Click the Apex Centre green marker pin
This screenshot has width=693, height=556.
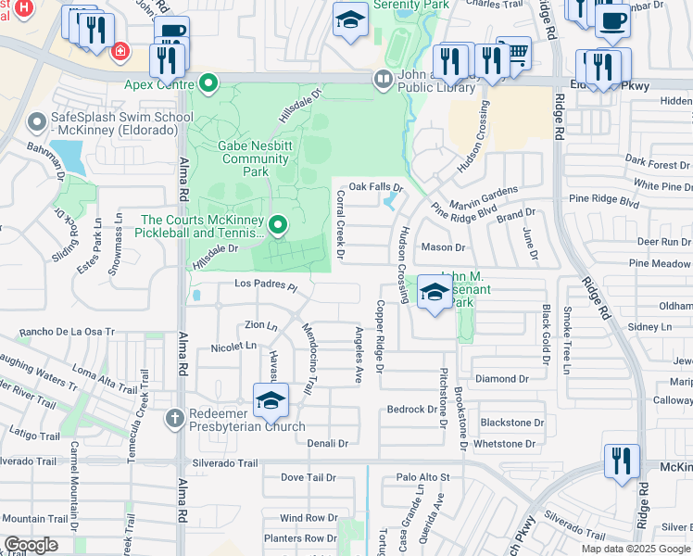[209, 83]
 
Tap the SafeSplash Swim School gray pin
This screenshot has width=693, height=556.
[37, 121]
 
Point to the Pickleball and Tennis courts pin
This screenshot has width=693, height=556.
[277, 225]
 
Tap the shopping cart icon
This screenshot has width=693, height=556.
[514, 52]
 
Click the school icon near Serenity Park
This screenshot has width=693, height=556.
[349, 20]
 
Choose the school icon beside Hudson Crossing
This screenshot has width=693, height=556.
[434, 293]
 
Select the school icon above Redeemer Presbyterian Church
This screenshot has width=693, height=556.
[271, 399]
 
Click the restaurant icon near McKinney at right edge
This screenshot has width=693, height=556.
[622, 461]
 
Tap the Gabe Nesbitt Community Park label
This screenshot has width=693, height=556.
[241, 152]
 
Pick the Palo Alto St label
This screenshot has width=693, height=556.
[422, 477]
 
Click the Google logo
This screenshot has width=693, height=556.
[31, 545]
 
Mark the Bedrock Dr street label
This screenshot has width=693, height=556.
[411, 409]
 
